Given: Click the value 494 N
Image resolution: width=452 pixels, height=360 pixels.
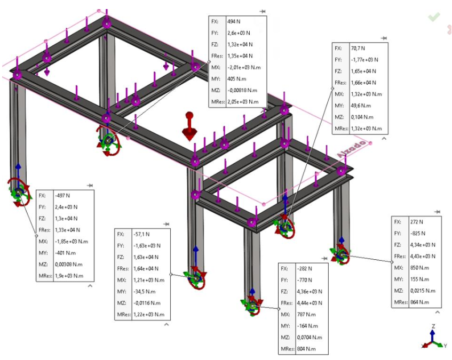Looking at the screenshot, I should tap(233, 22).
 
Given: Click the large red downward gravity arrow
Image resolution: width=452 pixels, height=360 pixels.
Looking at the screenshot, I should tap(188, 128).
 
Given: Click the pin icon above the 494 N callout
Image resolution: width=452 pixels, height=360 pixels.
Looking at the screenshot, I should tap(262, 11).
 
